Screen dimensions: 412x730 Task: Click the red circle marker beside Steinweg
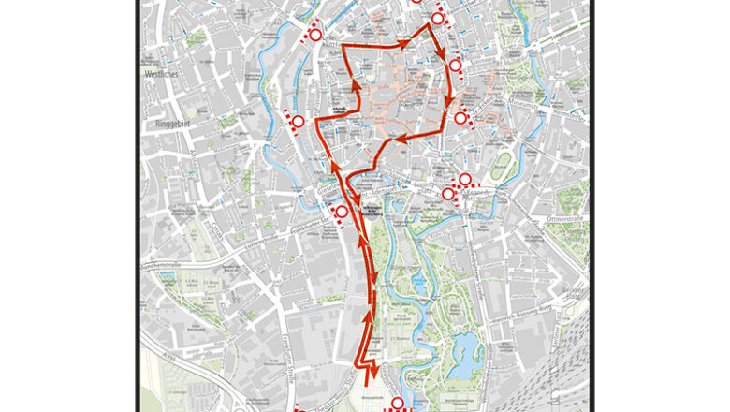pos(456,66)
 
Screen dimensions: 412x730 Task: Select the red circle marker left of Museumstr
pos(460,118)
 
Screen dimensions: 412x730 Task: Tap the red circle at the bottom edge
pos(397,404)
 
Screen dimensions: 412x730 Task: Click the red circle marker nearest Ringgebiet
pos(298,122)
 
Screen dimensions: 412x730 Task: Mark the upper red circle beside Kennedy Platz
pos(464,180)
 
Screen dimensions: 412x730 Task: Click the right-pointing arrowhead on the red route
pos(404,43)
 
